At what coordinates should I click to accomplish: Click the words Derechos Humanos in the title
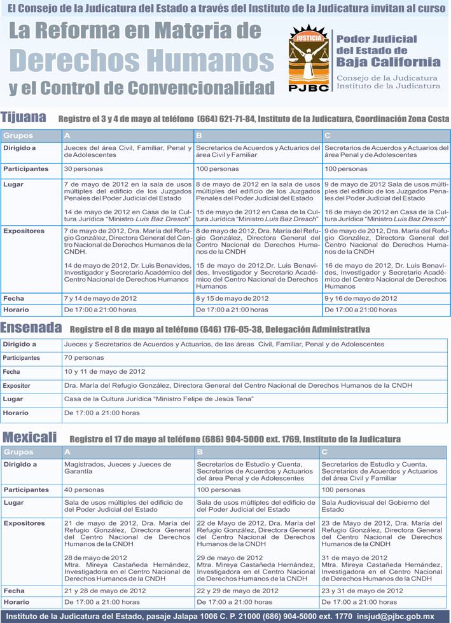click(x=141, y=60)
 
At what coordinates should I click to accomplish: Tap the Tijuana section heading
click(x=24, y=118)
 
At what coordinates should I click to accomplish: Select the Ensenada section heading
click(x=31, y=328)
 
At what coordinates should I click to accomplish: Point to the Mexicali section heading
click(x=29, y=437)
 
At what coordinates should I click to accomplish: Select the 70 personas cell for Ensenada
click(x=84, y=358)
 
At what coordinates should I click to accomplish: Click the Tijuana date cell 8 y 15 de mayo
click(x=232, y=298)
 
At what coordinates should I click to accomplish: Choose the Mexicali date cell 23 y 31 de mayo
click(x=362, y=591)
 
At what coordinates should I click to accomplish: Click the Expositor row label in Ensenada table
click(x=17, y=386)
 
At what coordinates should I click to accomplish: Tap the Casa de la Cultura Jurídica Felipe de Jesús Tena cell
click(x=159, y=399)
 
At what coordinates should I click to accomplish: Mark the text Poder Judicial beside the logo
click(x=377, y=39)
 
